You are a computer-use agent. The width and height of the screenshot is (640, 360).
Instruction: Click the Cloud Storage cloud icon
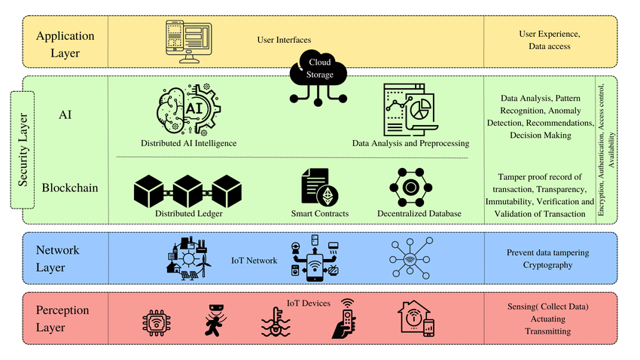click(318, 77)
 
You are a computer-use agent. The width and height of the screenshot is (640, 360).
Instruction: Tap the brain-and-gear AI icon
click(188, 110)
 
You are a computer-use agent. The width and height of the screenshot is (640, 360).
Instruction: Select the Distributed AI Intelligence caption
click(188, 143)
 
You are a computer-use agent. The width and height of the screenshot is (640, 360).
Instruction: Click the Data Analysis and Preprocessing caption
click(410, 143)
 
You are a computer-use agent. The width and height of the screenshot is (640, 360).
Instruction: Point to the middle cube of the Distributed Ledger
click(187, 191)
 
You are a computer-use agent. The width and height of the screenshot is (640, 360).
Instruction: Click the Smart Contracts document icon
click(319, 187)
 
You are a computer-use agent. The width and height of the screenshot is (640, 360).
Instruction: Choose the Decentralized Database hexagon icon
click(410, 188)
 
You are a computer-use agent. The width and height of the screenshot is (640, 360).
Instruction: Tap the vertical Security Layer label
click(23, 150)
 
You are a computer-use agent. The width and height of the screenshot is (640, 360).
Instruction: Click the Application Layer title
click(66, 44)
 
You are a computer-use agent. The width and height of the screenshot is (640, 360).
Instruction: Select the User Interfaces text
click(284, 40)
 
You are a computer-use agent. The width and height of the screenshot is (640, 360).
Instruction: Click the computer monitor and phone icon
click(188, 41)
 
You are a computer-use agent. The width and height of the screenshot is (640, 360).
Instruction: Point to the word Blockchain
click(70, 188)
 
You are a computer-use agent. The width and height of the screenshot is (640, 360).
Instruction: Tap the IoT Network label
click(254, 261)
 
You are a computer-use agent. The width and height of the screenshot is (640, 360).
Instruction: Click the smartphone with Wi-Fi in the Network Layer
click(314, 267)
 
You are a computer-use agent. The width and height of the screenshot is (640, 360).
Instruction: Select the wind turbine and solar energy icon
click(188, 258)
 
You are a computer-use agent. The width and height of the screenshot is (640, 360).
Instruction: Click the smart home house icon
click(416, 319)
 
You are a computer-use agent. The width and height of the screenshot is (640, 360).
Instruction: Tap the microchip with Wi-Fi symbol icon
click(157, 323)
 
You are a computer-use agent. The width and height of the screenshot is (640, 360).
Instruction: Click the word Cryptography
click(547, 265)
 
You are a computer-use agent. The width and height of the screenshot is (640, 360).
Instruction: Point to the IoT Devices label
click(309, 304)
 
